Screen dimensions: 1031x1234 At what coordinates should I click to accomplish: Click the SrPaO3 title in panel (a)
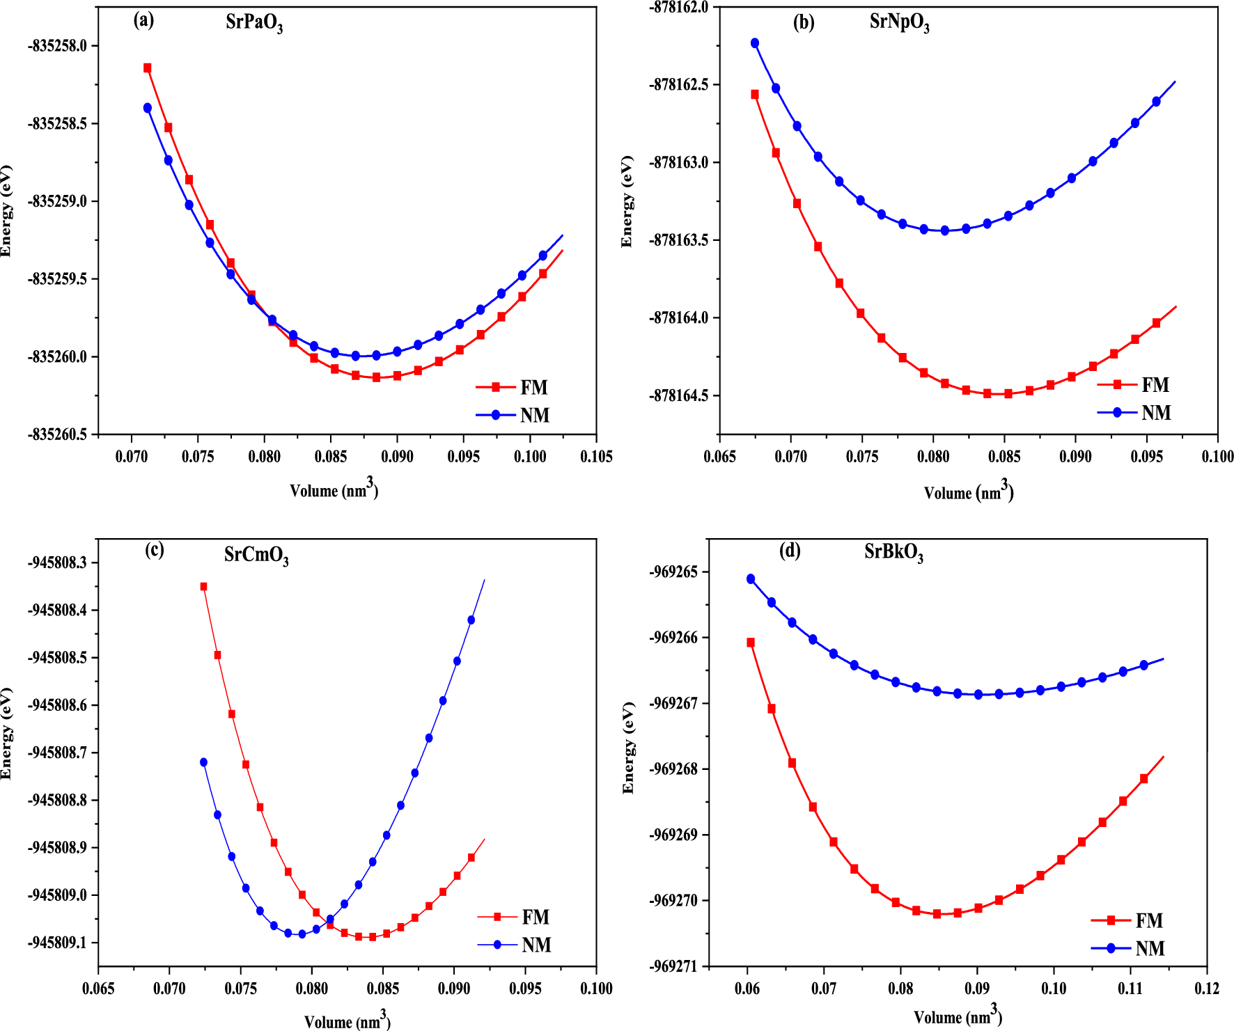[254, 23]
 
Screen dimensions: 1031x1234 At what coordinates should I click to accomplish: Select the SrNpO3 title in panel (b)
[899, 22]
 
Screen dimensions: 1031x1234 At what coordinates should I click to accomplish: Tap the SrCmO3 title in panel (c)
[256, 556]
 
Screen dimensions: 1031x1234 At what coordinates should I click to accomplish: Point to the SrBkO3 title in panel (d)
[893, 553]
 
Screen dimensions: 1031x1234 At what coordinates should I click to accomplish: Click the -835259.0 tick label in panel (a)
[58, 201]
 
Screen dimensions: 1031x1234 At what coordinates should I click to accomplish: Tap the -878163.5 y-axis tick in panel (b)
[679, 240]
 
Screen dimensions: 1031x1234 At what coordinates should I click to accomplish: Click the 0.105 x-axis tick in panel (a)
[596, 457]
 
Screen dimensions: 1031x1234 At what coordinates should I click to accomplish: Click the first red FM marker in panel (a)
[148, 68]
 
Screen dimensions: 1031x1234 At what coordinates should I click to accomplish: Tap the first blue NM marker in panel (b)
[755, 43]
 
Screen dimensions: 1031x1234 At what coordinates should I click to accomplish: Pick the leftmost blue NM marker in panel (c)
[203, 762]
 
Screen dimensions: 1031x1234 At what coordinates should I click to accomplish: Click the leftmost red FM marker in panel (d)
[751, 643]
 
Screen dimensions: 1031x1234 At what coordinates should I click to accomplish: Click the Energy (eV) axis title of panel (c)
[6, 733]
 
